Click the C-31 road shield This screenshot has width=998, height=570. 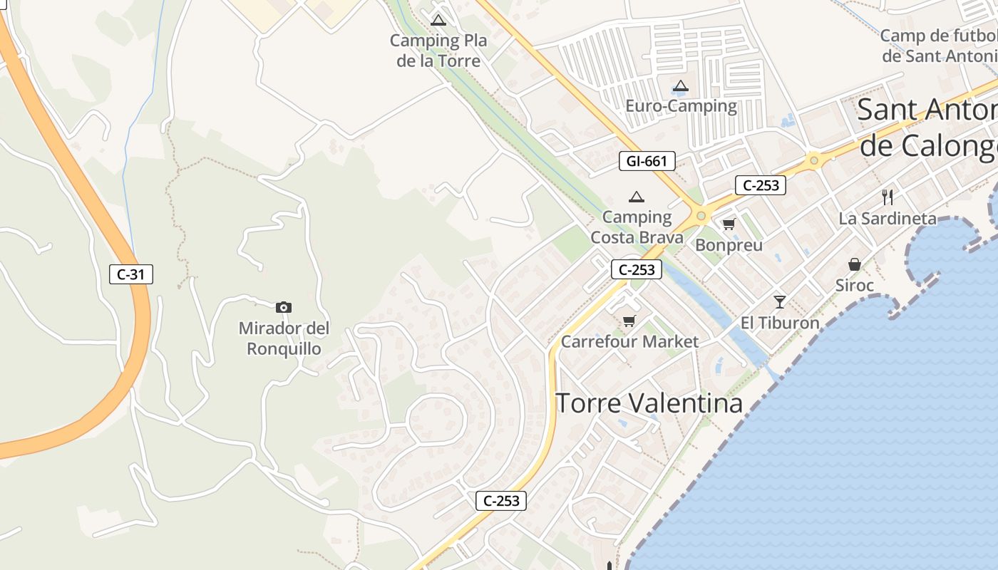pyautogui.click(x=131, y=274)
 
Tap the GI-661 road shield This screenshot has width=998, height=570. pyautogui.click(x=647, y=161)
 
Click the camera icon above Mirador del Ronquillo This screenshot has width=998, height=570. pyautogui.click(x=284, y=307)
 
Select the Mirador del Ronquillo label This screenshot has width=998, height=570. pyautogui.click(x=284, y=339)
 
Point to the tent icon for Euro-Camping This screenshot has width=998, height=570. pyautogui.click(x=681, y=86)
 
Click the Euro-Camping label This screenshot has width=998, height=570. pyautogui.click(x=681, y=106)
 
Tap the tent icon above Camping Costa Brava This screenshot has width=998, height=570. pyautogui.click(x=637, y=197)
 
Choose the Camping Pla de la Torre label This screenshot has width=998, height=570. pyautogui.click(x=438, y=51)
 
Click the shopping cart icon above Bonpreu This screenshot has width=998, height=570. pyautogui.click(x=729, y=224)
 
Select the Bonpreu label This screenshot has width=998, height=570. pyautogui.click(x=729, y=245)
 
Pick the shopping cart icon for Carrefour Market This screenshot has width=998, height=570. pyautogui.click(x=629, y=321)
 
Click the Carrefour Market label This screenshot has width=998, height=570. pyautogui.click(x=629, y=341)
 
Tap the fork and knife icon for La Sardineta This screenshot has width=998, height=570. pyautogui.click(x=888, y=197)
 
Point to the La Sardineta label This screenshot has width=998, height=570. pyautogui.click(x=888, y=218)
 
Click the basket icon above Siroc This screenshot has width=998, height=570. pyautogui.click(x=855, y=264)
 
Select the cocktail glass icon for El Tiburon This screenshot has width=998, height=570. pyautogui.click(x=780, y=301)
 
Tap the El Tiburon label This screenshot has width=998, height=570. pyautogui.click(x=780, y=323)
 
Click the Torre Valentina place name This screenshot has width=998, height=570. pyautogui.click(x=649, y=403)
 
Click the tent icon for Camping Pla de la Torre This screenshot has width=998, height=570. pyautogui.click(x=438, y=20)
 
